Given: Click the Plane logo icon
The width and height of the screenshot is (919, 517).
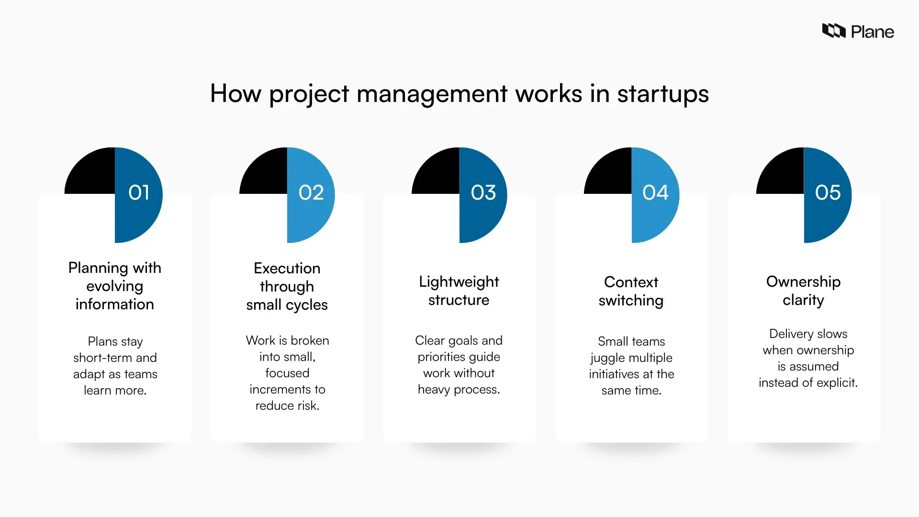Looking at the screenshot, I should click(x=834, y=31).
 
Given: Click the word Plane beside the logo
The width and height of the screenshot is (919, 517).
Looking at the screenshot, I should click(x=873, y=32).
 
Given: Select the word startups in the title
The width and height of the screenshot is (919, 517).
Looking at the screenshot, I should click(x=663, y=94).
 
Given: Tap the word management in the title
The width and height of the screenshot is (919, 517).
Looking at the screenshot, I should click(x=432, y=94).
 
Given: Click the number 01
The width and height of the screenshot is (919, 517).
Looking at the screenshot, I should click(x=139, y=192).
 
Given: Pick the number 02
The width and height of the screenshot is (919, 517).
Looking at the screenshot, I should click(x=311, y=192).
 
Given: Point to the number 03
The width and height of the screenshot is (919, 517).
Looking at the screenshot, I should click(x=483, y=192).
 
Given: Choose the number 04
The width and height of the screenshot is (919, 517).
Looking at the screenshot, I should click(x=655, y=192).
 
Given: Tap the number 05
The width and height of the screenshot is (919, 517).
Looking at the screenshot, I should click(x=828, y=192).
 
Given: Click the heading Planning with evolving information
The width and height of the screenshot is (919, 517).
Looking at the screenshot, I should click(x=115, y=286).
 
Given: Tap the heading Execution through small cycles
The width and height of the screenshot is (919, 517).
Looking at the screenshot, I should click(x=287, y=286).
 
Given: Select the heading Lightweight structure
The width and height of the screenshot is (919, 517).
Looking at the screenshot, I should click(x=459, y=291).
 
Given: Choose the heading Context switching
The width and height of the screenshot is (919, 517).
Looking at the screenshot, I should click(x=631, y=291).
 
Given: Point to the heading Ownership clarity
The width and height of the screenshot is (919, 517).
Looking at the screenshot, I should click(x=803, y=291).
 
